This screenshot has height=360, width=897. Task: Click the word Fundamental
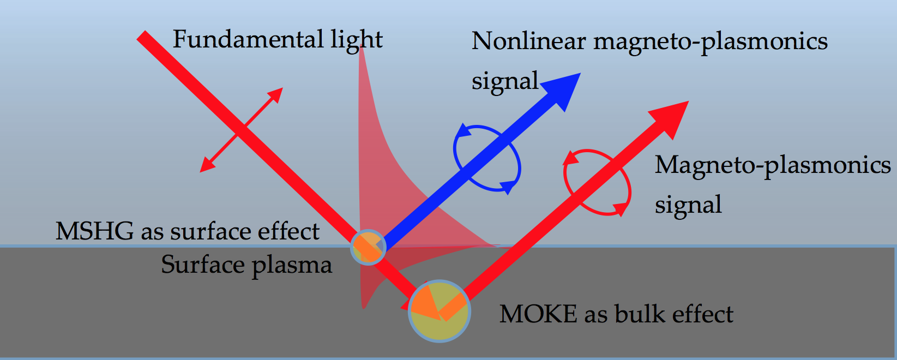pos(248,39)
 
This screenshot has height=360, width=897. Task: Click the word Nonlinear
pos(528,41)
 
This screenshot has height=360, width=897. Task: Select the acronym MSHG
pos(94,231)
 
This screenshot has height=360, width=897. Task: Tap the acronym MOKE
pos(538,314)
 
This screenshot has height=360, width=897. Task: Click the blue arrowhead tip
pos(580,73)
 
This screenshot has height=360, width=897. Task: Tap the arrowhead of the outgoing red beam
pos(688,101)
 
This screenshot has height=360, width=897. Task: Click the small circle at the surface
pos(369,248)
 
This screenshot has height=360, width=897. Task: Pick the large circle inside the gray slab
pos(440,311)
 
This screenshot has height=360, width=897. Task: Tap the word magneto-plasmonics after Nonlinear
pos(710,42)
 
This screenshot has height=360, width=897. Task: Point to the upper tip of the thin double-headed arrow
pos(282,88)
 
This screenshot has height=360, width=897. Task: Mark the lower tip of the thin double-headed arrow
pos(200,172)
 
